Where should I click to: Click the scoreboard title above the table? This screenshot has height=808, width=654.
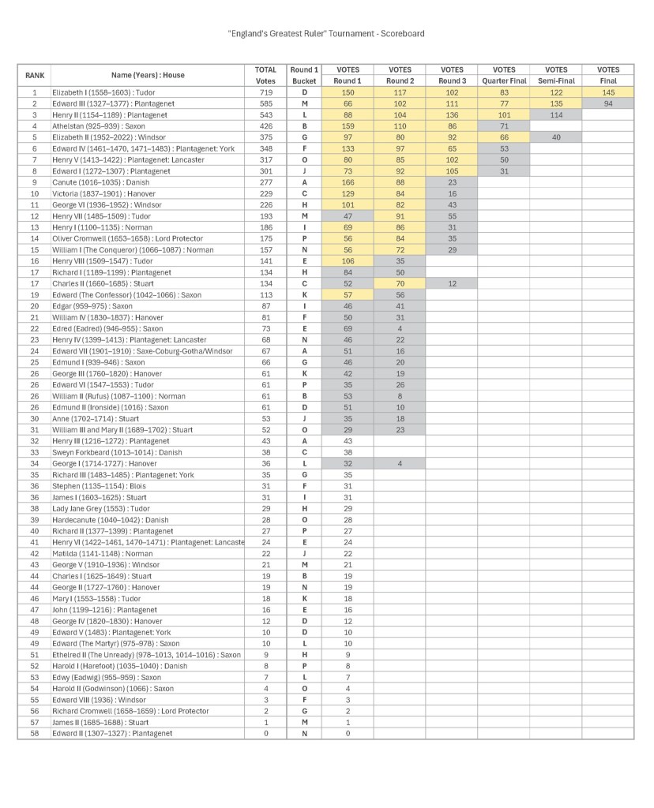point(326,34)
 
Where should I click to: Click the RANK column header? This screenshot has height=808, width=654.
point(34,75)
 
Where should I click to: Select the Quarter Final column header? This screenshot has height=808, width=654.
point(503,75)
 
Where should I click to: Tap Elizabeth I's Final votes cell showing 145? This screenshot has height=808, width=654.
point(607,92)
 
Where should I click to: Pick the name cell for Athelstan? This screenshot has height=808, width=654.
point(146,126)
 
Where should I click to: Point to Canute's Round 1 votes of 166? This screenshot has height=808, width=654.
point(348,182)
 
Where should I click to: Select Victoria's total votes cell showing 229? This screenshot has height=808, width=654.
point(265,193)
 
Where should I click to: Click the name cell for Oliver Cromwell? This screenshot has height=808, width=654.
point(146,238)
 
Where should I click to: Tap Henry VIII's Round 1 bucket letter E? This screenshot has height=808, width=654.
point(304,261)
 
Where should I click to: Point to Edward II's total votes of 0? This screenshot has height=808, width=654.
point(265,733)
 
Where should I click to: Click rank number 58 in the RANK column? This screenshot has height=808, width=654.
point(34,733)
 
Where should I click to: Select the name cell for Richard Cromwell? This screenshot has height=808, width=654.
point(146,711)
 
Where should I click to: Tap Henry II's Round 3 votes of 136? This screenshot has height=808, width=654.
point(452,115)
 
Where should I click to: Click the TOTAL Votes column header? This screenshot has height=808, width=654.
point(265,75)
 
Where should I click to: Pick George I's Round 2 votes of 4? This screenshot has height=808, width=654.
point(400,463)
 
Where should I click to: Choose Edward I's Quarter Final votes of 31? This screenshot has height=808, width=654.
point(503,171)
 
